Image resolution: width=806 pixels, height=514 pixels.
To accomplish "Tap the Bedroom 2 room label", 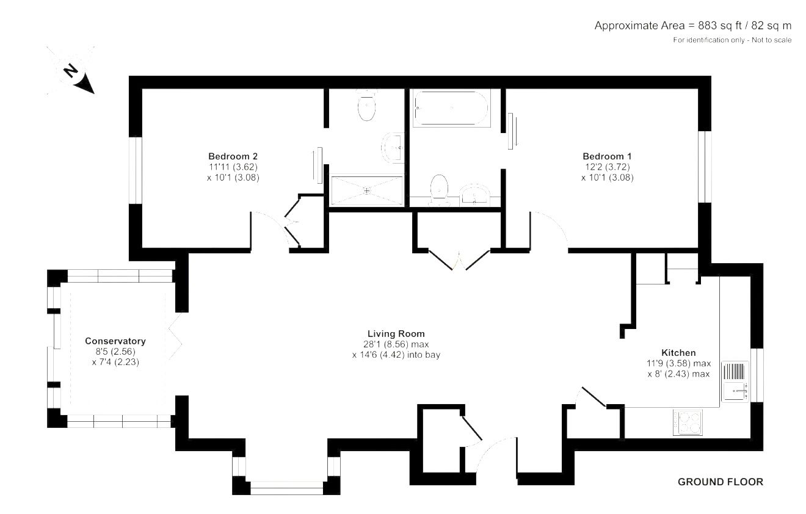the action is (233, 156).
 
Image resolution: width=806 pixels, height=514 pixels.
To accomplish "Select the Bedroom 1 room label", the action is (607, 156).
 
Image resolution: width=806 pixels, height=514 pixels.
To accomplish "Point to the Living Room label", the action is (396, 333).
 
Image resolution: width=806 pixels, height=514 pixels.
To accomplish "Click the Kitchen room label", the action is (678, 352).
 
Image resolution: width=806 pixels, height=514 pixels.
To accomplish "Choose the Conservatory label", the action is (115, 341).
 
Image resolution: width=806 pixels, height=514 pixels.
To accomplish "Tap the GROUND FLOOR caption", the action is (721, 482).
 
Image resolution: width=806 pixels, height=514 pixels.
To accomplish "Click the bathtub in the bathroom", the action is (451, 107).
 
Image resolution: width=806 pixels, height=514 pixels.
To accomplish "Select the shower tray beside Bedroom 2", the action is (366, 190).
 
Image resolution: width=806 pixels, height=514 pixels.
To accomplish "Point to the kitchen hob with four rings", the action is (688, 422).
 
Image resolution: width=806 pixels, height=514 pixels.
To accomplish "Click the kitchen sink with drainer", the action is (735, 382).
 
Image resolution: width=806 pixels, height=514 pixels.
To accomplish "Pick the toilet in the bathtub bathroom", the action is (439, 190).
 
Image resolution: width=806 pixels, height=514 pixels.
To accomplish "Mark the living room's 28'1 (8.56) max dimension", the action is (396, 344).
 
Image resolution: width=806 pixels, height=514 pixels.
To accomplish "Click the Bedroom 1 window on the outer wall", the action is (705, 167).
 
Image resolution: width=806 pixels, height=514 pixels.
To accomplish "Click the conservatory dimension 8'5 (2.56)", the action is (115, 352).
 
